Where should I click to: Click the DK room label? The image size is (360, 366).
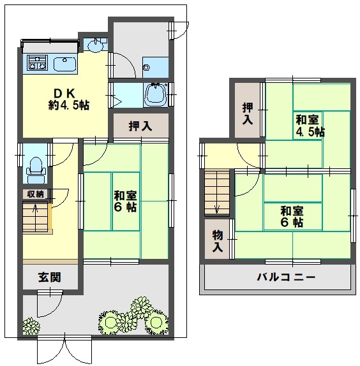click(68, 99)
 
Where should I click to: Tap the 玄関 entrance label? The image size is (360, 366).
click(50, 277)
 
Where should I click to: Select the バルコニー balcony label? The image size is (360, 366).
click(286, 277)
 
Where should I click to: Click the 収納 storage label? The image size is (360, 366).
click(35, 194)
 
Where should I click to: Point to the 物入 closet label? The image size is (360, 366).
click(217, 241)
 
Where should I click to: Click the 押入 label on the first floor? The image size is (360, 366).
click(140, 126)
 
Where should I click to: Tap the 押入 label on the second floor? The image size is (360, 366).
click(248, 113)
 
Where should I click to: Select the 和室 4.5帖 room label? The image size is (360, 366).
click(310, 126)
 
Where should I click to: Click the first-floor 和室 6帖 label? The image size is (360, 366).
click(125, 201)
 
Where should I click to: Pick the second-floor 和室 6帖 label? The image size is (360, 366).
click(292, 217)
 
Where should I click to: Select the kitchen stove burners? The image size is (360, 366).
click(38, 62)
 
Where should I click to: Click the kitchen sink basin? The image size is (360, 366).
click(65, 64)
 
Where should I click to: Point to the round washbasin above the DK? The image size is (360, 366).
click(95, 45)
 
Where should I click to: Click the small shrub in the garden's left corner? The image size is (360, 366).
click(31, 326)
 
